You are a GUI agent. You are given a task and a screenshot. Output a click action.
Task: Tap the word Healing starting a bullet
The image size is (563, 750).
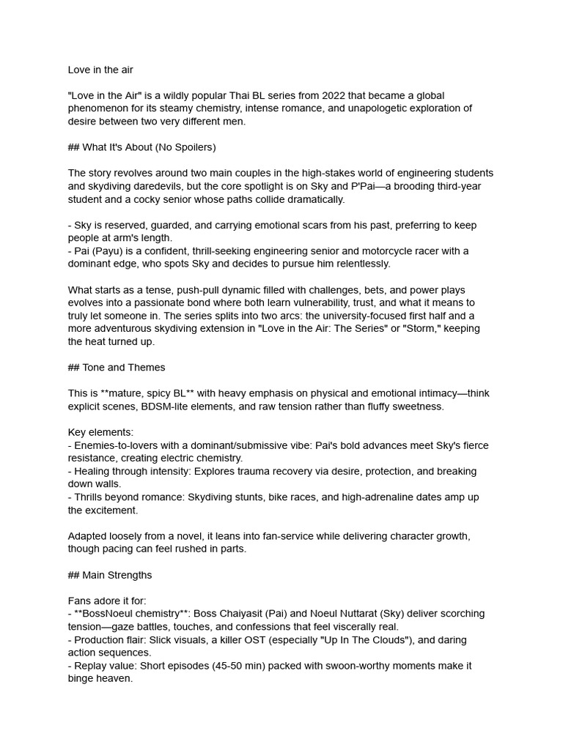click(x=95, y=472)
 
